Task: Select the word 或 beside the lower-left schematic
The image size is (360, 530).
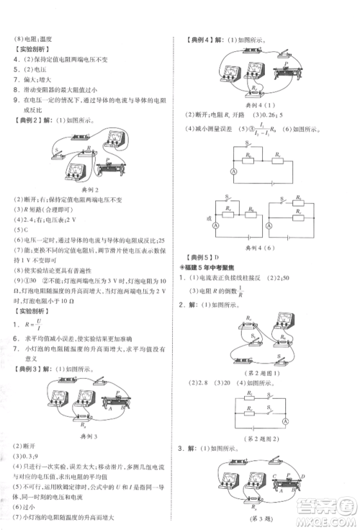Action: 207,218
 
